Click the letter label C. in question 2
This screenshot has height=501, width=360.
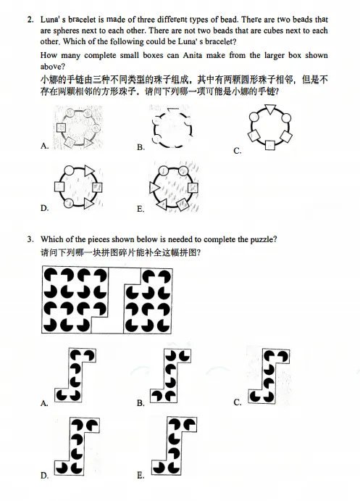(238, 151)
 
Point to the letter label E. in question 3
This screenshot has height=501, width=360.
(141, 476)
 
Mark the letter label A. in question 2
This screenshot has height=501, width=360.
(45, 146)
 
